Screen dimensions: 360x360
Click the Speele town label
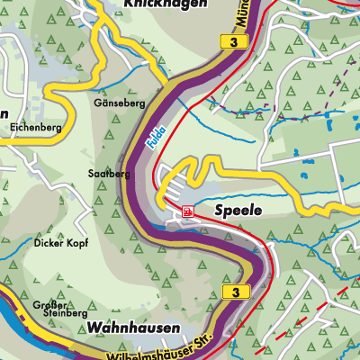coord(238,210)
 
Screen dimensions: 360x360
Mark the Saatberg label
coord(104,172)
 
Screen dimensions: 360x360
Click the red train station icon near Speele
coord(187,211)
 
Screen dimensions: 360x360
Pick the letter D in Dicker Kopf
coord(37,243)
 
